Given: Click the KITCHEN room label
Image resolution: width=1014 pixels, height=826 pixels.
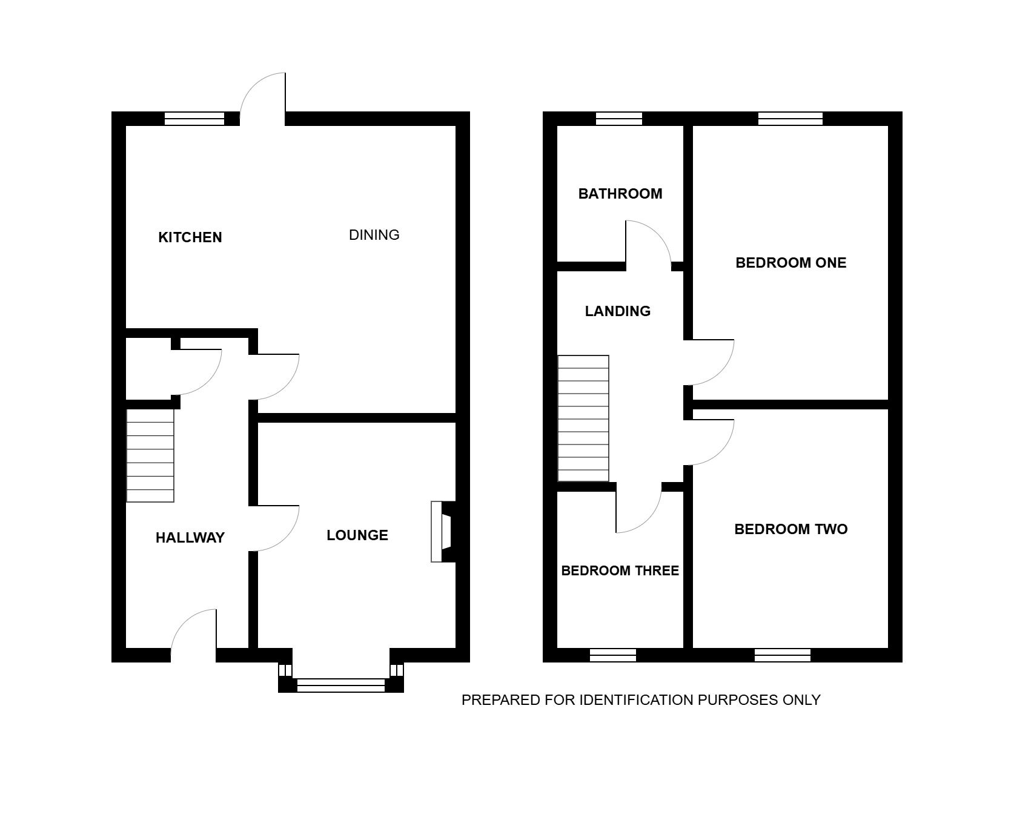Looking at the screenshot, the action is pyautogui.click(x=190, y=237).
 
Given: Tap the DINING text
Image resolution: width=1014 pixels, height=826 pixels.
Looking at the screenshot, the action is pyautogui.click(x=374, y=235).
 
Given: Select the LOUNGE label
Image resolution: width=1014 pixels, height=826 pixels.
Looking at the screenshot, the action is pyautogui.click(x=357, y=535).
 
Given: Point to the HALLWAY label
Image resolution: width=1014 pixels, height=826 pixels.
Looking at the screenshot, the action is pyautogui.click(x=190, y=538).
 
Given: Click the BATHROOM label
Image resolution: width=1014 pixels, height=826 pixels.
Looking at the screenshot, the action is pyautogui.click(x=620, y=194).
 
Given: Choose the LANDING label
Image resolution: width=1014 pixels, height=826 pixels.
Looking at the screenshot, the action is pyautogui.click(x=618, y=311).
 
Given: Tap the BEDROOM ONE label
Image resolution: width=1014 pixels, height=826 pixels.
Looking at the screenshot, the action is pyautogui.click(x=791, y=263).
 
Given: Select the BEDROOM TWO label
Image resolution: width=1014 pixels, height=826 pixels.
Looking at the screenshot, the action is pyautogui.click(x=791, y=529).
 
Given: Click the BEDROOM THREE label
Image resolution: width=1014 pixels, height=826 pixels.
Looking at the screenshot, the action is pyautogui.click(x=620, y=571).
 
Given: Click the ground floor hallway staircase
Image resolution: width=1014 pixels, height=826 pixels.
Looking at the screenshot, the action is pyautogui.click(x=150, y=455).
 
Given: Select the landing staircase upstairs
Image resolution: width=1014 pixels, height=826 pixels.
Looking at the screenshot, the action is pyautogui.click(x=583, y=418).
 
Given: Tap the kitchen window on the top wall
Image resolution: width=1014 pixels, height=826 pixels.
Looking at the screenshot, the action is pyautogui.click(x=194, y=119).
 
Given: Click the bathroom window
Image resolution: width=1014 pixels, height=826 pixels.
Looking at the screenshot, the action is pyautogui.click(x=619, y=119).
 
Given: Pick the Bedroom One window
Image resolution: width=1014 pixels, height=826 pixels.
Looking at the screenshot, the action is pyautogui.click(x=790, y=119).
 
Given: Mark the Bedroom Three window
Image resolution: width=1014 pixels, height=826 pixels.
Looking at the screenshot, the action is pyautogui.click(x=613, y=655).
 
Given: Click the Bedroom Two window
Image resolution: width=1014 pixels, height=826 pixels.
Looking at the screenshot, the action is pyautogui.click(x=783, y=655).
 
